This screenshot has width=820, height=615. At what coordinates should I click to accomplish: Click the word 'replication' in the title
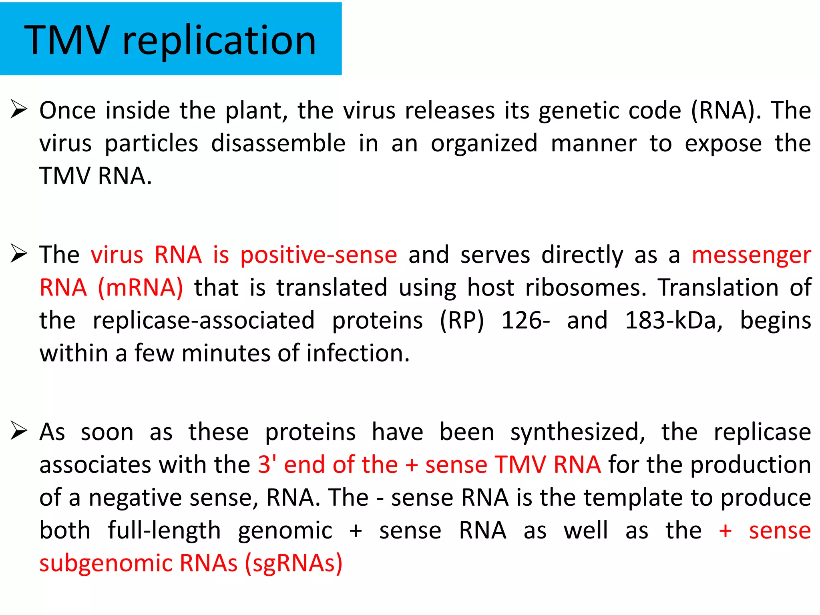[x=219, y=40]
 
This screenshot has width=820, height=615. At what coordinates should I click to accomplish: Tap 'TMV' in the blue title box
[x=67, y=40]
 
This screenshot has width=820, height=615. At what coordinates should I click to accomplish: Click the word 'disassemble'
[x=278, y=143]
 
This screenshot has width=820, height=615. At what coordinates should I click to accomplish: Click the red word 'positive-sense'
[x=318, y=255]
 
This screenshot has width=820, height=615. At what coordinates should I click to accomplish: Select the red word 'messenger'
[x=751, y=255]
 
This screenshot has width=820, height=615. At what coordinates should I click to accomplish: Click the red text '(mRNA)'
[x=141, y=288]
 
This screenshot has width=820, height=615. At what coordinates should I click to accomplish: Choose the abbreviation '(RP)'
[x=462, y=321]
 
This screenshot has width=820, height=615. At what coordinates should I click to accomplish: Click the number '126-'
[x=526, y=321]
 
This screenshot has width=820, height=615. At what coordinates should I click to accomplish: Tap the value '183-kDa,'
[x=674, y=321]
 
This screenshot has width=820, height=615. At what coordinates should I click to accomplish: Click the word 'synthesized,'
[x=577, y=432]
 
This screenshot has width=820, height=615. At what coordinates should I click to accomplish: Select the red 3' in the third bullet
[x=267, y=464]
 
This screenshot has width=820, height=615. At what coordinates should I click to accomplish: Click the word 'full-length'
[x=164, y=531]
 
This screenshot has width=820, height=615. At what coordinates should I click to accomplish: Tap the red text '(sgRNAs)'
[x=294, y=563]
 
